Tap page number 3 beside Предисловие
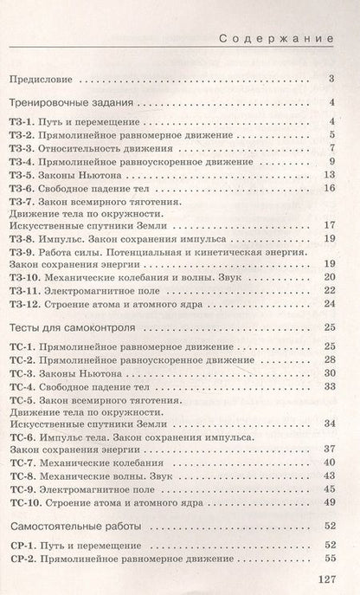click(x=331, y=80)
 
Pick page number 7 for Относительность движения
click(x=331, y=147)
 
